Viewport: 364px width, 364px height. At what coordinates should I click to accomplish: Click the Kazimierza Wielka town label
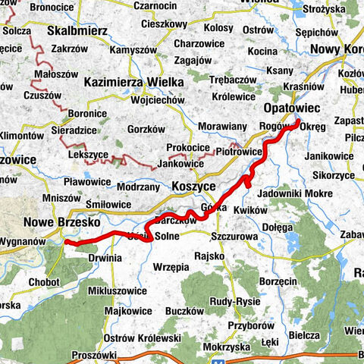tap(133, 82)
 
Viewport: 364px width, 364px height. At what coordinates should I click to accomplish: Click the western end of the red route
tap(66, 242)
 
